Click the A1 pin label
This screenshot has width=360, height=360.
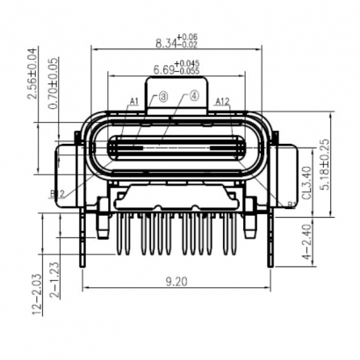click(x=134, y=103)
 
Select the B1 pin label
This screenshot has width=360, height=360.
click(x=291, y=205)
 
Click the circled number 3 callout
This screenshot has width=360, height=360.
click(x=163, y=97)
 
